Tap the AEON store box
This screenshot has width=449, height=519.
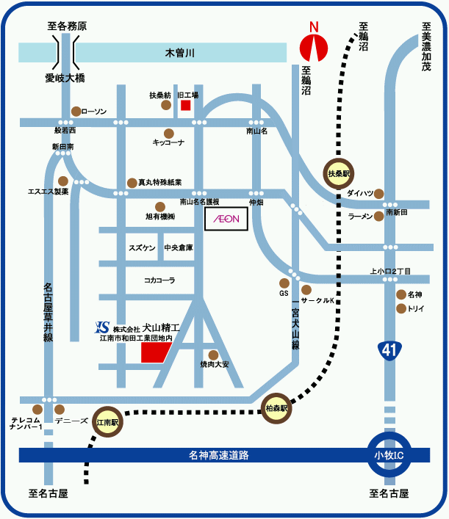226,219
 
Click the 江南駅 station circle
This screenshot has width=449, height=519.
109,423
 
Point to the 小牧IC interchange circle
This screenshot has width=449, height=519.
387,455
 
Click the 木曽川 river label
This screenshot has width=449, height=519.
179,53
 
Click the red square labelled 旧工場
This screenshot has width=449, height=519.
186,105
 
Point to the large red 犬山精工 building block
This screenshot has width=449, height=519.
155,351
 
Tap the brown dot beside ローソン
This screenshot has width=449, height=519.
76,112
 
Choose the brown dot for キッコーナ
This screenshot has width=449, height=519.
168,134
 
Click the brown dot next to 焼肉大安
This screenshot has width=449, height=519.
214,355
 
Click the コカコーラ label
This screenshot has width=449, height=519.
159,280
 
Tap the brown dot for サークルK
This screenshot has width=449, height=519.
306,290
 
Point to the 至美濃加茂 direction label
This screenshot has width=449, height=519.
426,46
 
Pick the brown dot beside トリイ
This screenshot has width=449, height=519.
401,308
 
